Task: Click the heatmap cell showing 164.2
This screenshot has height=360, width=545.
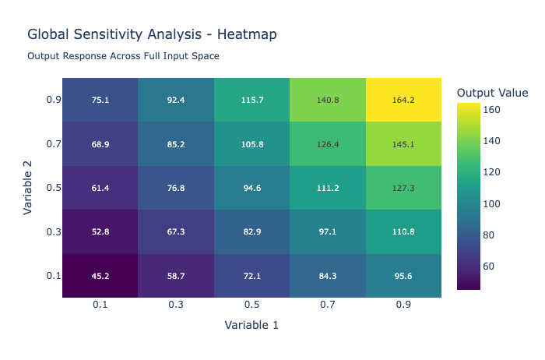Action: tap(403, 100)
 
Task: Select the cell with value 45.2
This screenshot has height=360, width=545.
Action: tap(100, 275)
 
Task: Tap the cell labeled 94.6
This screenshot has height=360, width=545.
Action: tap(251, 188)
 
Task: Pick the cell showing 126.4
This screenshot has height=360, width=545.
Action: tap(327, 143)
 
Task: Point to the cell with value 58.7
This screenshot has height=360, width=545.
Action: tap(176, 275)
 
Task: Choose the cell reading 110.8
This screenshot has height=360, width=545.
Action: tap(403, 231)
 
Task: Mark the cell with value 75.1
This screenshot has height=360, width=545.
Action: tap(100, 100)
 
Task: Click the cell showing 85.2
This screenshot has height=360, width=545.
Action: tap(176, 143)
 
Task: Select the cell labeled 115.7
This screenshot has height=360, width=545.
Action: tap(251, 100)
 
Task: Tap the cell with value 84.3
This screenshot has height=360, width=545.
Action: tap(327, 275)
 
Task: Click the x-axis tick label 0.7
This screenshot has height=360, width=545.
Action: tap(327, 305)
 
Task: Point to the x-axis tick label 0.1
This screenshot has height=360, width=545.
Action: tap(100, 305)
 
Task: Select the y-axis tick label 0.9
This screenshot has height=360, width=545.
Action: tap(52, 100)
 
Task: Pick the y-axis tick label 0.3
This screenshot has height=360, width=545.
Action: tap(52, 231)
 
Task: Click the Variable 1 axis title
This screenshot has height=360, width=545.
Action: tap(251, 325)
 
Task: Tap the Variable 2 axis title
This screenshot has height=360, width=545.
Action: tap(27, 188)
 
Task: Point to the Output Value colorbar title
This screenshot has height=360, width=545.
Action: tap(492, 93)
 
